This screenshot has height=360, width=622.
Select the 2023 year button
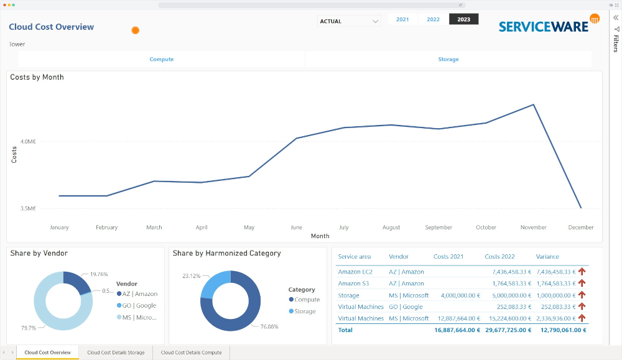tap(463, 19)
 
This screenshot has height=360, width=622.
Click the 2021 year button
tap(402, 19)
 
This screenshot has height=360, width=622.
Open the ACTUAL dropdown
tap(349, 21)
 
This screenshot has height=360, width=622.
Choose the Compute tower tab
tap(162, 60)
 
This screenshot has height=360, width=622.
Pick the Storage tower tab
tap(448, 60)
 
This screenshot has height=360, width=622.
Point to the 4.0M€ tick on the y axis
tap(28, 142)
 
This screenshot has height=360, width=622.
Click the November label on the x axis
tap(533, 228)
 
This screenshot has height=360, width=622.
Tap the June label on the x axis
tap(297, 228)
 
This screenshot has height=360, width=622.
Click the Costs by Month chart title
tap(37, 77)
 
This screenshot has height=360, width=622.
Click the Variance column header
tap(547, 257)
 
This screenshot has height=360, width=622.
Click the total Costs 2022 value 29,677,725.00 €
tap(506, 330)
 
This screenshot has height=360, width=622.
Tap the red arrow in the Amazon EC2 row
tap(582, 272)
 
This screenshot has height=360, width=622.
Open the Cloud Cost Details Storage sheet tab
tap(116, 353)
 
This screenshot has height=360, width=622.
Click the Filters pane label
tap(616, 43)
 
